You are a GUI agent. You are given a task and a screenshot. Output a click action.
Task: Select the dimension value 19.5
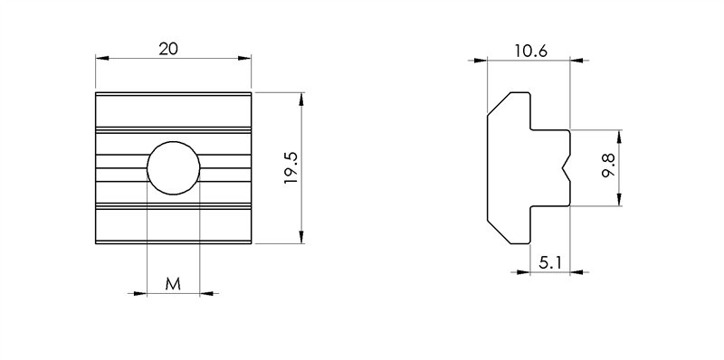point(291,168)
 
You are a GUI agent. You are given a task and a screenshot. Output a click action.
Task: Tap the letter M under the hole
point(173,284)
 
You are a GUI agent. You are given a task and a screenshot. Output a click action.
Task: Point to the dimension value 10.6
point(529,52)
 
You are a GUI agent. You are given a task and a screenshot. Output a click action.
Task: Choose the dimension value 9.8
point(608,168)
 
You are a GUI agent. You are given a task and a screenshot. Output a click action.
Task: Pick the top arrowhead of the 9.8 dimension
point(619,136)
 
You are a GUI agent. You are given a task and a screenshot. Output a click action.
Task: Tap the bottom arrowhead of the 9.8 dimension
point(619,201)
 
